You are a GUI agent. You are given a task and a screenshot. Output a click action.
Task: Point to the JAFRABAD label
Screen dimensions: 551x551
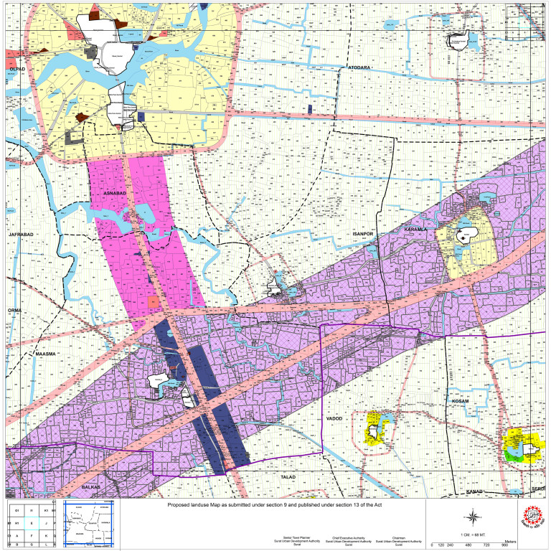pyautogui.click(x=22, y=235)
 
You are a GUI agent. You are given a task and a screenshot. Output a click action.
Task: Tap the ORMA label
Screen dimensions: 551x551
pyautogui.click(x=15, y=310)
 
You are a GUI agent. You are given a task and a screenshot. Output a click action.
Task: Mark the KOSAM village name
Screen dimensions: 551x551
pyautogui.click(x=460, y=401)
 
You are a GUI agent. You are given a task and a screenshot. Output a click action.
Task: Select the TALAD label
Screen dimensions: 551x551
pyautogui.click(x=289, y=476)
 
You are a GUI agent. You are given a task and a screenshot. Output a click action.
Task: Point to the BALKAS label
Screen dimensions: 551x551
pyautogui.click(x=92, y=487)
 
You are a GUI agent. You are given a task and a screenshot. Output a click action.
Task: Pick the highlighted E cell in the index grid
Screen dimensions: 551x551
pyautogui.click(x=32, y=524)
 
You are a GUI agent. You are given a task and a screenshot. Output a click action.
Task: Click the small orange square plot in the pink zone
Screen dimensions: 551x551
pyautogui.click(x=153, y=303)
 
